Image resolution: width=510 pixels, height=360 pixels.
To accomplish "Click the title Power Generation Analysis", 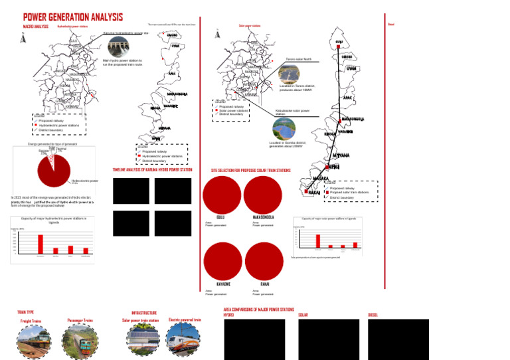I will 73,17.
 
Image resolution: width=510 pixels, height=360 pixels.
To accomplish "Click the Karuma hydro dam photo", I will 119,47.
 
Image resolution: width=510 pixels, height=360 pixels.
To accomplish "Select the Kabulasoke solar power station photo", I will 284,127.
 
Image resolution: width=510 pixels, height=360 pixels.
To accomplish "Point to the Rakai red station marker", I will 307,192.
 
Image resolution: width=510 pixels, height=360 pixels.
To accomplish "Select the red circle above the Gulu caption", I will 221,195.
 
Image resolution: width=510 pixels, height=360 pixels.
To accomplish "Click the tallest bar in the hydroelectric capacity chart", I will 41,244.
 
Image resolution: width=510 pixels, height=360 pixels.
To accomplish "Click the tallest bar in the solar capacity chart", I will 317,240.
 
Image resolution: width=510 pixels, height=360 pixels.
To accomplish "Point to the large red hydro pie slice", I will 54,169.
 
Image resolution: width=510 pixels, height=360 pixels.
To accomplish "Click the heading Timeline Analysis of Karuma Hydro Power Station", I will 152,170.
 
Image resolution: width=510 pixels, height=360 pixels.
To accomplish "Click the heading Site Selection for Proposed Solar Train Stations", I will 250,171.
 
